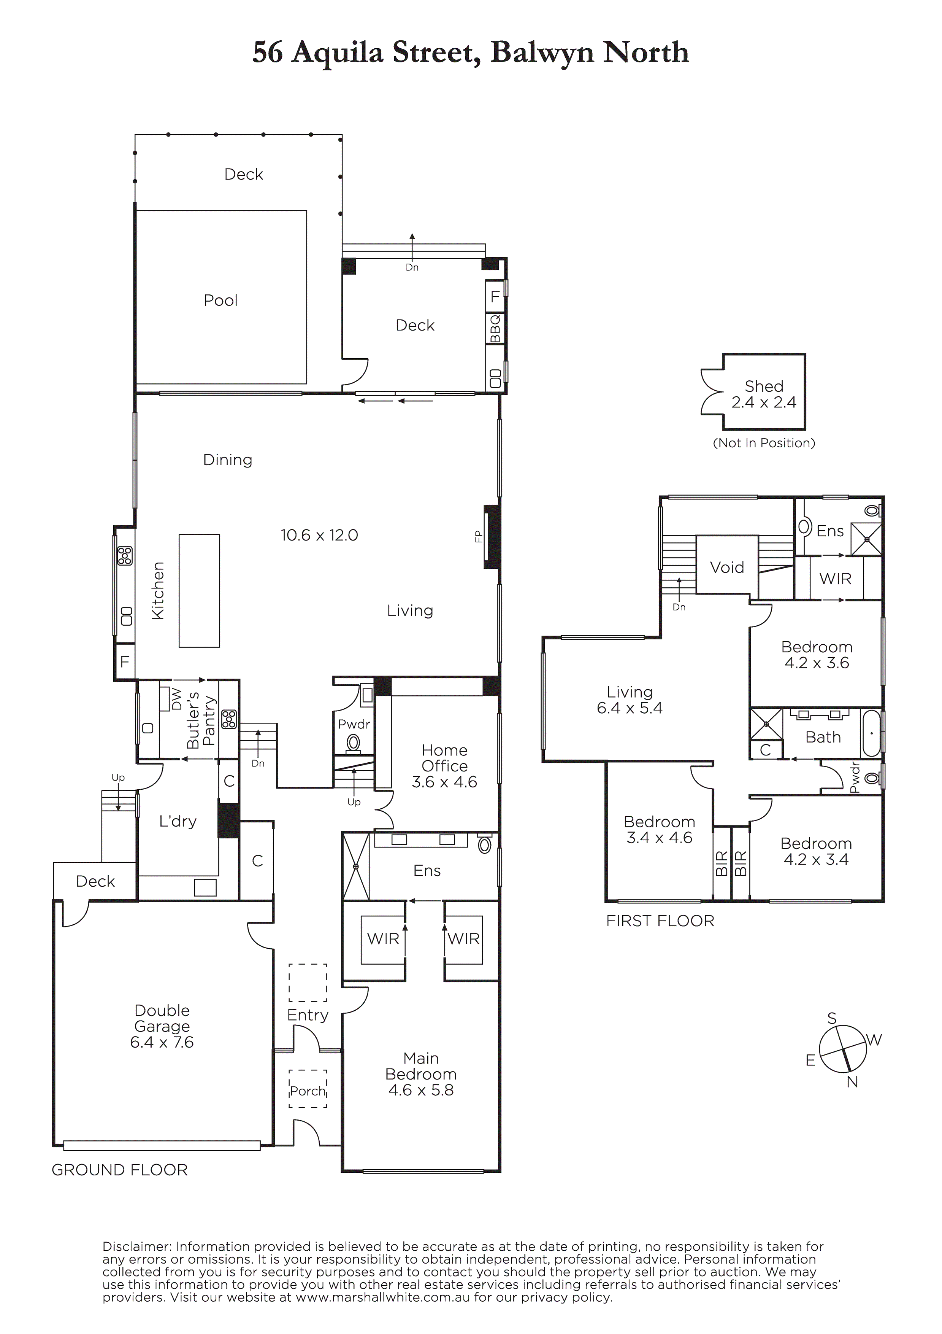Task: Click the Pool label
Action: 221,301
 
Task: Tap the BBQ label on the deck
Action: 495,329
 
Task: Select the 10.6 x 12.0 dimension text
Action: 319,535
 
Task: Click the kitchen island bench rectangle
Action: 199,591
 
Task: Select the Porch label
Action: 308,1091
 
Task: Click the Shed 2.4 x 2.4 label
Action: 764,394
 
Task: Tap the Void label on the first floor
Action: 727,567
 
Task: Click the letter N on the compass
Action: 852,1082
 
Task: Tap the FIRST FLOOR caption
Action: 660,921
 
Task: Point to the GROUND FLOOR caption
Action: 120,1170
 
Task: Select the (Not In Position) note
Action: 764,443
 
